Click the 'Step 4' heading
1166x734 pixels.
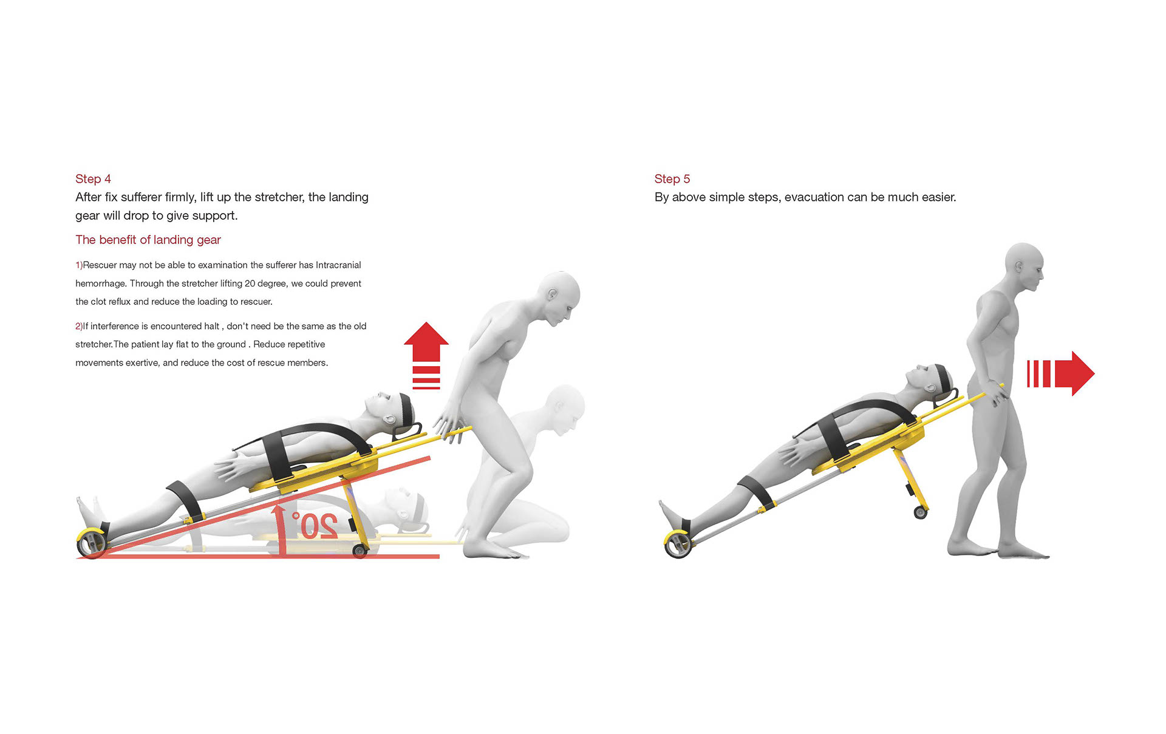93,178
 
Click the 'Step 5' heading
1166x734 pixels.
672,178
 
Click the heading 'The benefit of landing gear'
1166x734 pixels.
148,240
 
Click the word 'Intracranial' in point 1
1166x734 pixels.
338,265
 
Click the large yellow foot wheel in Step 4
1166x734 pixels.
92,543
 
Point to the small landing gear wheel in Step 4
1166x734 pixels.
360,551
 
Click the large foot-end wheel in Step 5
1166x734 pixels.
678,544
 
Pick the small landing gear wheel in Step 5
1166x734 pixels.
921,513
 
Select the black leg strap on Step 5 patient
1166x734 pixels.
757,491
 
